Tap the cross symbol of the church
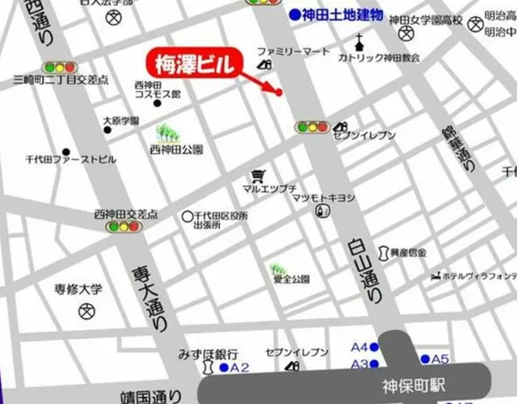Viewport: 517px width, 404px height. [360, 41]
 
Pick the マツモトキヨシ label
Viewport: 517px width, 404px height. [323, 197]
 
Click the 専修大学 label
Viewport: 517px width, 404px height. [78, 289]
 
